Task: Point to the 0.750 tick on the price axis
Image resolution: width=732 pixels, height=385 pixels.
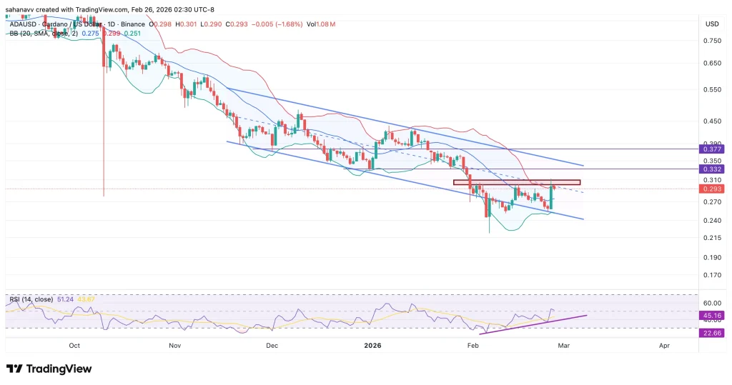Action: coord(711,41)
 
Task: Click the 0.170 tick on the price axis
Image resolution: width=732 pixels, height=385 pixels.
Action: coord(711,274)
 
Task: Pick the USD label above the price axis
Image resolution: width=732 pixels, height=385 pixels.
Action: coord(712,24)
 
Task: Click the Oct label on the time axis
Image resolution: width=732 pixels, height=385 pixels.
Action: coord(74,345)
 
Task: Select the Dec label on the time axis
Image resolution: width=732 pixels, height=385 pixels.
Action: coord(272,345)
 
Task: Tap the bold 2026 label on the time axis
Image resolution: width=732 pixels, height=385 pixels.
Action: coord(372,345)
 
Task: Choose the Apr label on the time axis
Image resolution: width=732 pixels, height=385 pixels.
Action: coord(664,345)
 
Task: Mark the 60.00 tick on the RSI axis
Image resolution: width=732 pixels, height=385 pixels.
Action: coord(711,302)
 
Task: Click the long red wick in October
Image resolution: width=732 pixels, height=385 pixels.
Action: coord(104,129)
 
